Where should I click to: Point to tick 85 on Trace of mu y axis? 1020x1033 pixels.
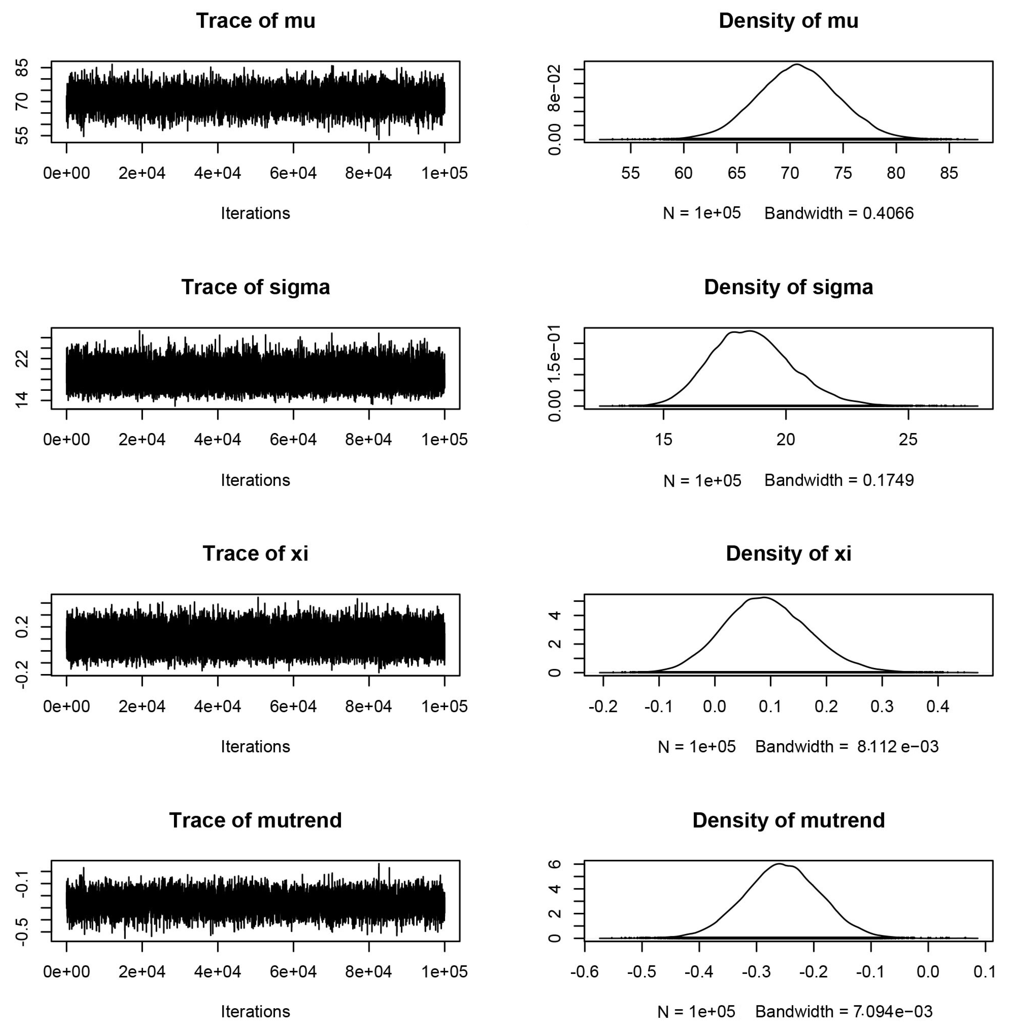point(22,68)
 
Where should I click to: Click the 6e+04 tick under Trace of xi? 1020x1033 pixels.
point(293,706)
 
